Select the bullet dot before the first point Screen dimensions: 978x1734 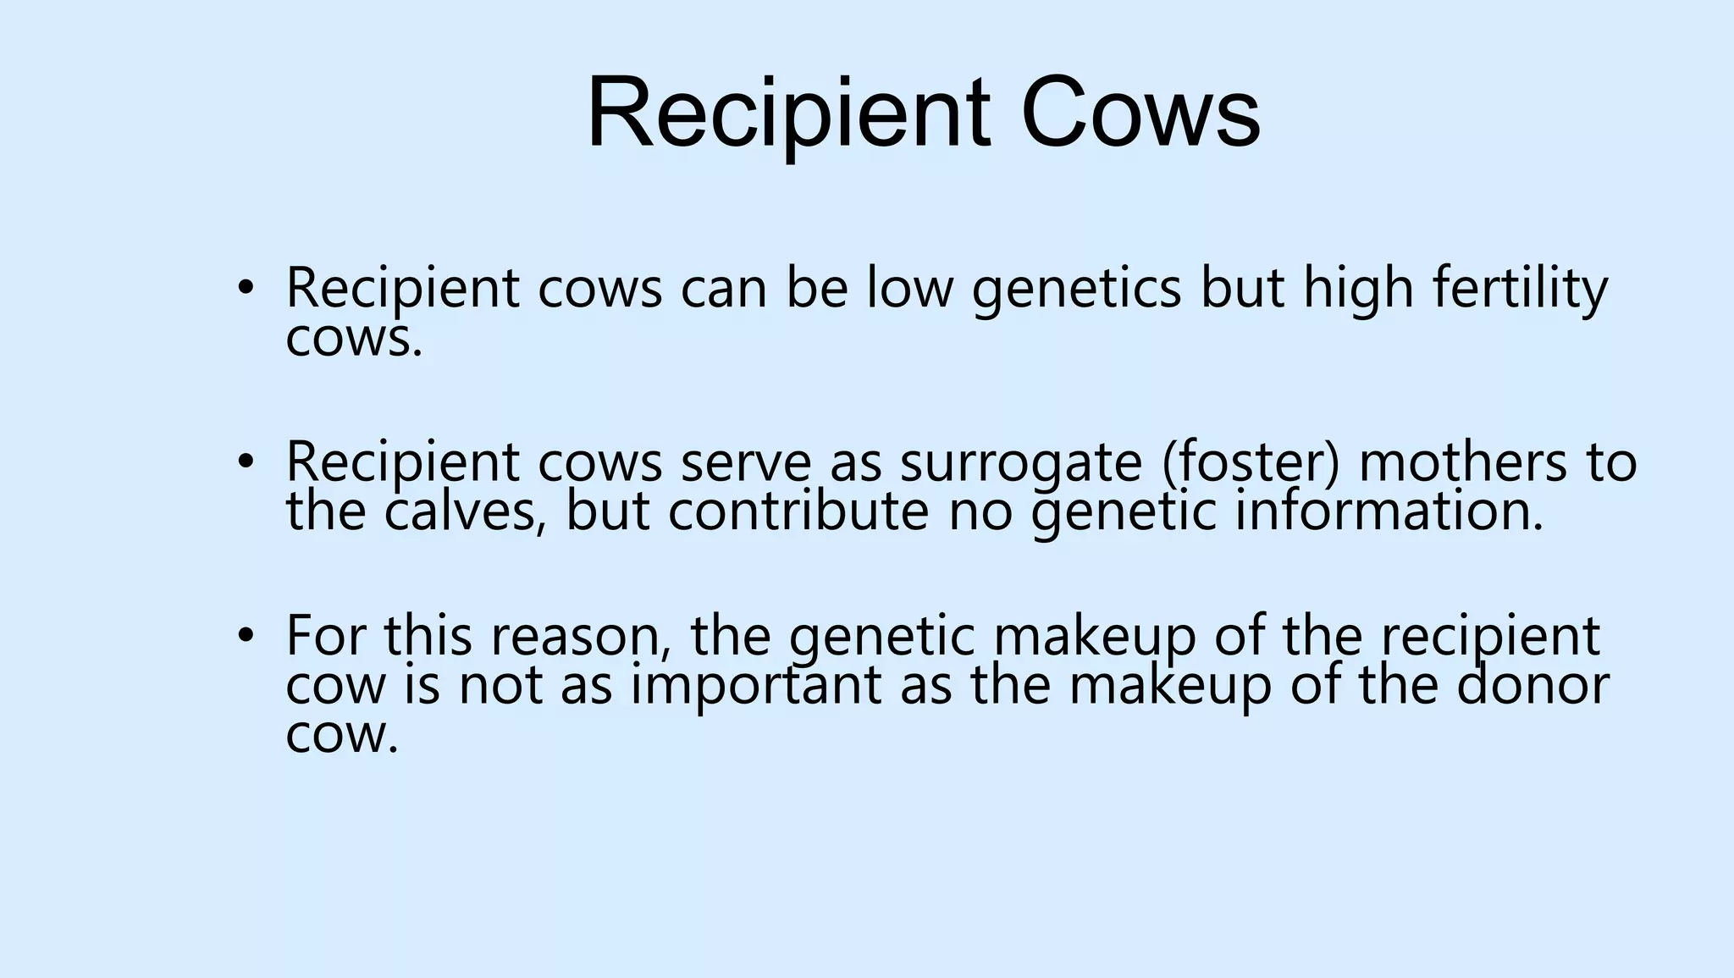[246, 287]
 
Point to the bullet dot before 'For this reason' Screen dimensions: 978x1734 [246, 635]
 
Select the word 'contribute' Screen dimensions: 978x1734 [798, 511]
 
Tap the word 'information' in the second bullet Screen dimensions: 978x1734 [1389, 511]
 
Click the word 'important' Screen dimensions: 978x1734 [756, 686]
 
